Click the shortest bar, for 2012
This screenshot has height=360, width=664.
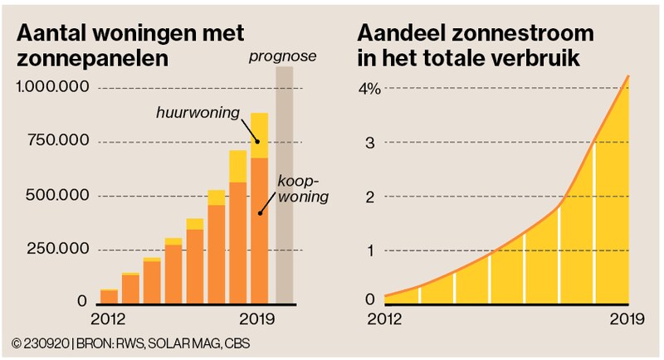pyautogui.click(x=109, y=296)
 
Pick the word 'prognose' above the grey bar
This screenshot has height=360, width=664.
pyautogui.click(x=284, y=56)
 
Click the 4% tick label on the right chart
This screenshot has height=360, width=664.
pyautogui.click(x=369, y=89)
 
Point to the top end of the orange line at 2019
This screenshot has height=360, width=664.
pyautogui.click(x=628, y=75)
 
